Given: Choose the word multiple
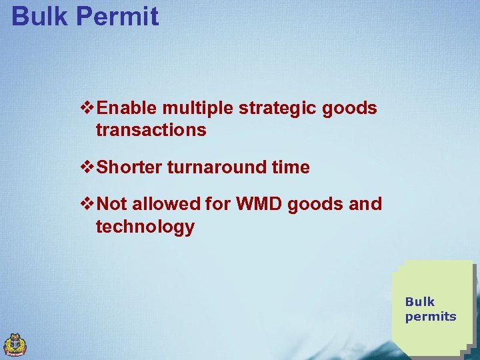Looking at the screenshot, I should pyautogui.click(x=193, y=108).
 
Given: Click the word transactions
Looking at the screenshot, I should pyautogui.click(x=151, y=130).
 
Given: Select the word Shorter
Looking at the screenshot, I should pyautogui.click(x=129, y=167).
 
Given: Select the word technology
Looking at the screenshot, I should pyautogui.click(x=145, y=227).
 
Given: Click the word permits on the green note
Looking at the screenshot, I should pyautogui.click(x=431, y=317).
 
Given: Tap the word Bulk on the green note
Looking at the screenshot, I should pyautogui.click(x=420, y=301).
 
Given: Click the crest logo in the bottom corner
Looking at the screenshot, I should pyautogui.click(x=15, y=345).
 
